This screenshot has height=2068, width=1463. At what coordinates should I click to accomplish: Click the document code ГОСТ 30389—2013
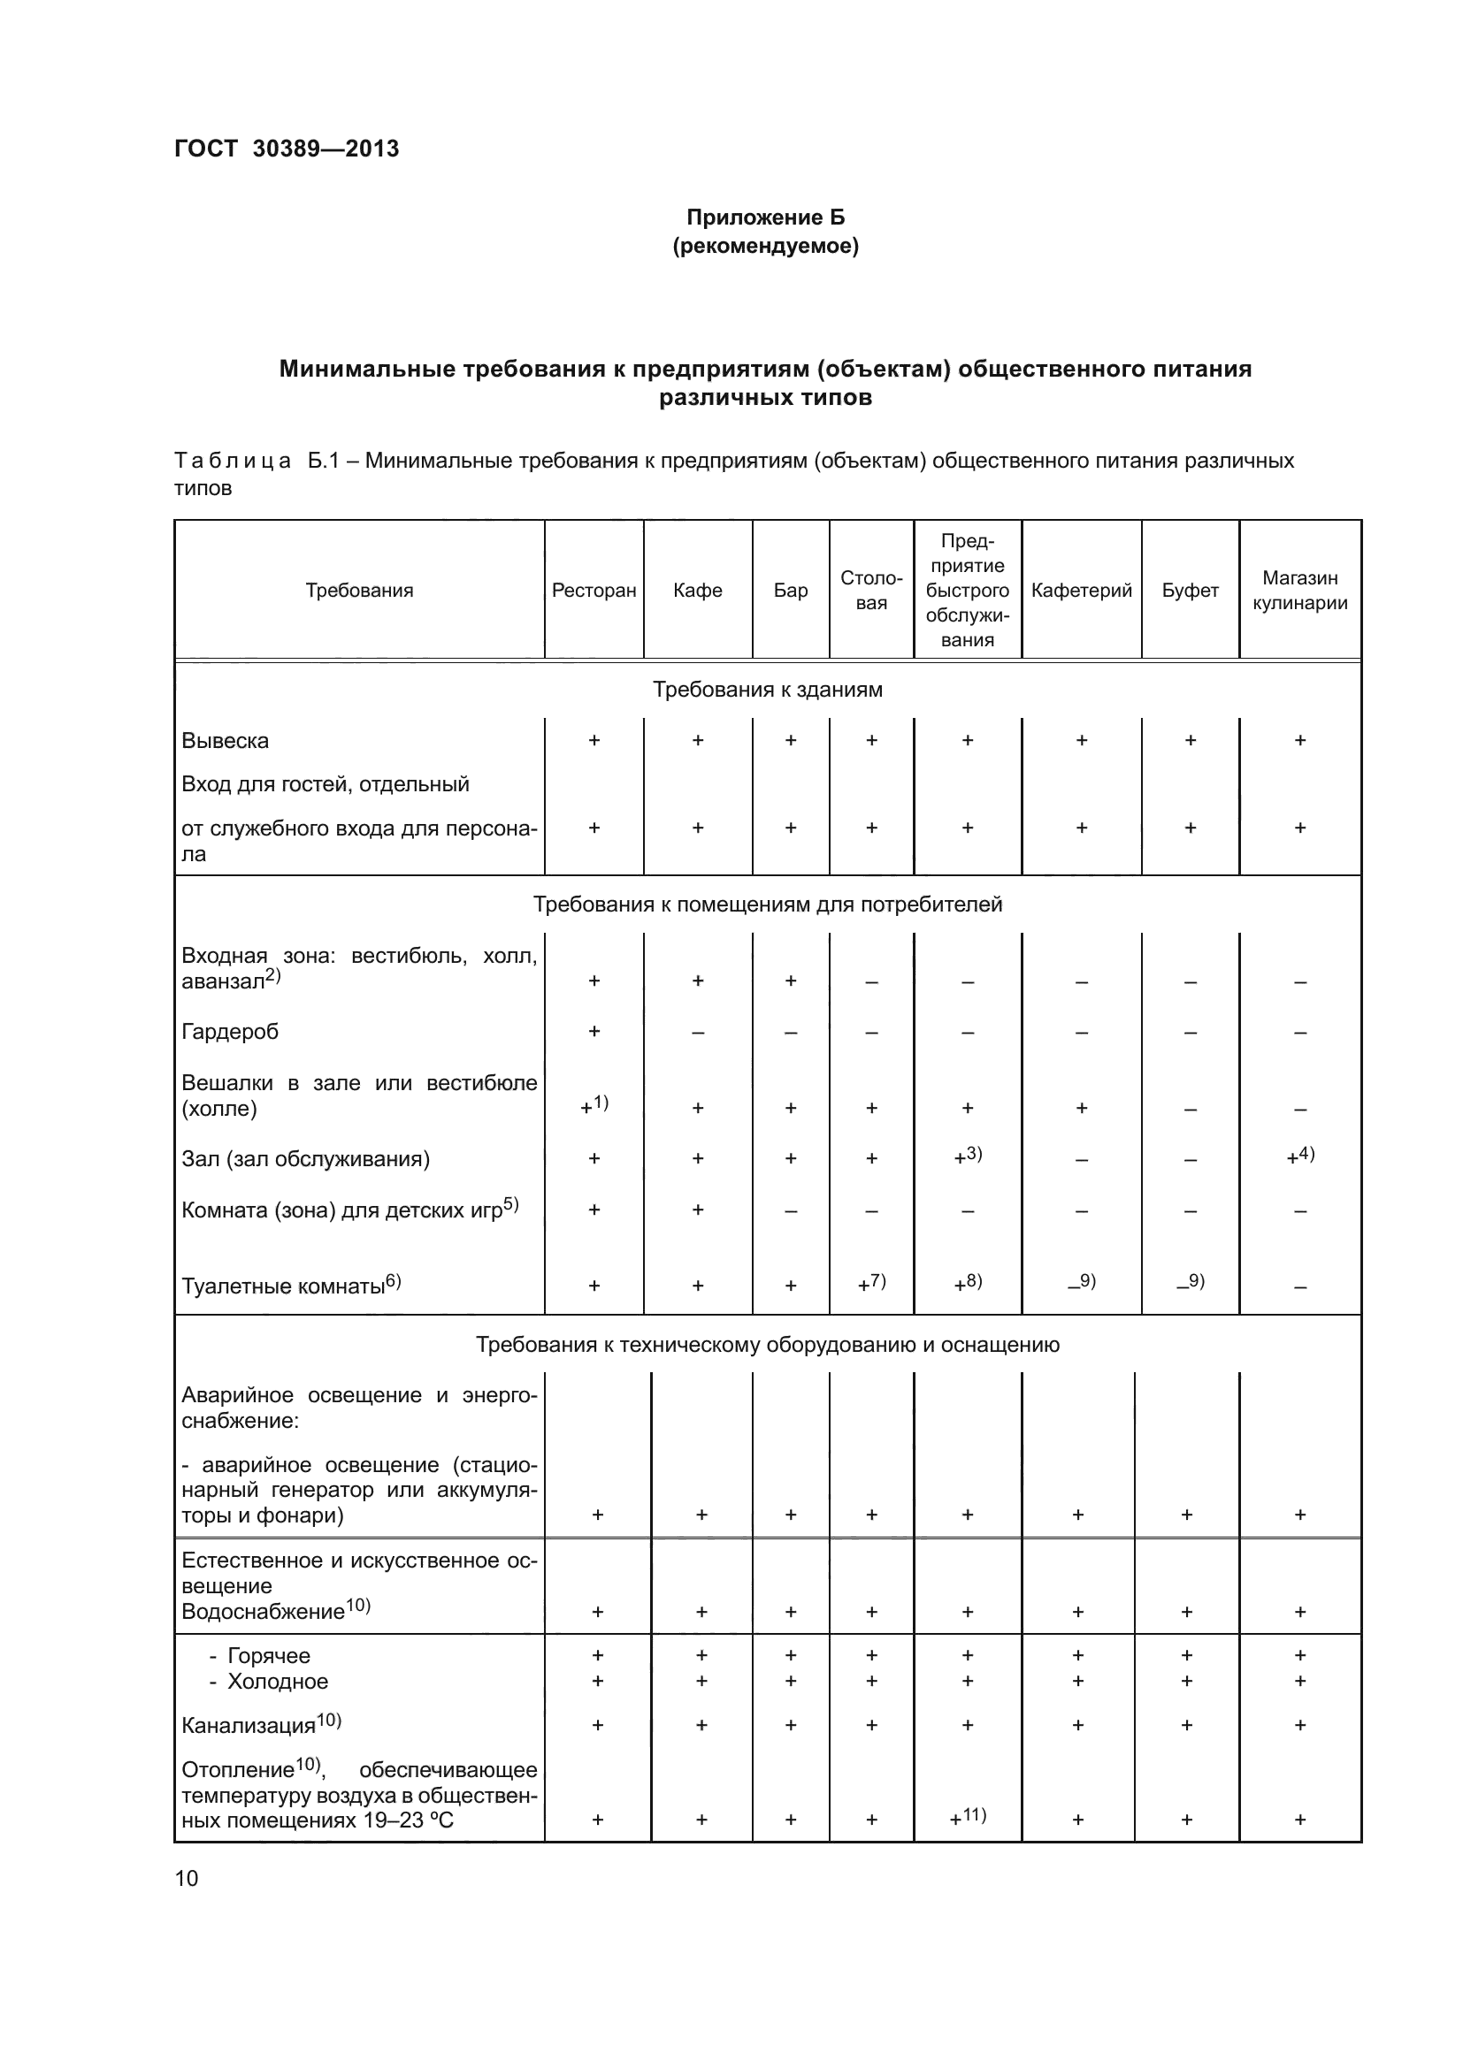point(287,149)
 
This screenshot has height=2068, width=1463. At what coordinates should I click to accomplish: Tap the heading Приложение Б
point(766,217)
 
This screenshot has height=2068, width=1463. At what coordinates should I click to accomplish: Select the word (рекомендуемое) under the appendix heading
point(766,246)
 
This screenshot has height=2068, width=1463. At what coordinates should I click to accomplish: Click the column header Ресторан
point(594,590)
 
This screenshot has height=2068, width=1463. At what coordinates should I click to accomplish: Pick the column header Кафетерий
point(1081,590)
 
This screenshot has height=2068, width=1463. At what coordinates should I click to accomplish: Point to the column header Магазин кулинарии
point(1299,590)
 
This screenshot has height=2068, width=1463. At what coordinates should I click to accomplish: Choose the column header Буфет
point(1189,590)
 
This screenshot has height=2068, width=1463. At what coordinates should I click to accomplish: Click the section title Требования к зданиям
point(767,689)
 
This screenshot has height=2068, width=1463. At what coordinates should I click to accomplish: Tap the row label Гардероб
point(230,1031)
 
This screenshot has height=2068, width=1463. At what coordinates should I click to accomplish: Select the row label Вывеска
point(226,740)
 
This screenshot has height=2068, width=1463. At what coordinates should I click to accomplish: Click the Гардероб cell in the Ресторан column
point(594,1031)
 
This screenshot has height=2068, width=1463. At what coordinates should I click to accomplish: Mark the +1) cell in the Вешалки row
point(594,1104)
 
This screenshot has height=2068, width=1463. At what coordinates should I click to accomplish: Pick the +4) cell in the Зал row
point(1300,1156)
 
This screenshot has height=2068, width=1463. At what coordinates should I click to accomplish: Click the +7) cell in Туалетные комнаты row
point(871,1283)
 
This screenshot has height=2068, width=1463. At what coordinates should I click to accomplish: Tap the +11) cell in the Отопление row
point(968,1816)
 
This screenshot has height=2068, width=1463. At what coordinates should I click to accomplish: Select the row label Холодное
point(277,1682)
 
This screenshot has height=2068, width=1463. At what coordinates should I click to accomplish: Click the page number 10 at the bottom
point(187,1878)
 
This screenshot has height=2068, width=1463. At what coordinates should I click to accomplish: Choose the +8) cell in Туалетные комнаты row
point(968,1283)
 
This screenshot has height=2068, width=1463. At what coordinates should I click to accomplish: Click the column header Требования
point(358,590)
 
